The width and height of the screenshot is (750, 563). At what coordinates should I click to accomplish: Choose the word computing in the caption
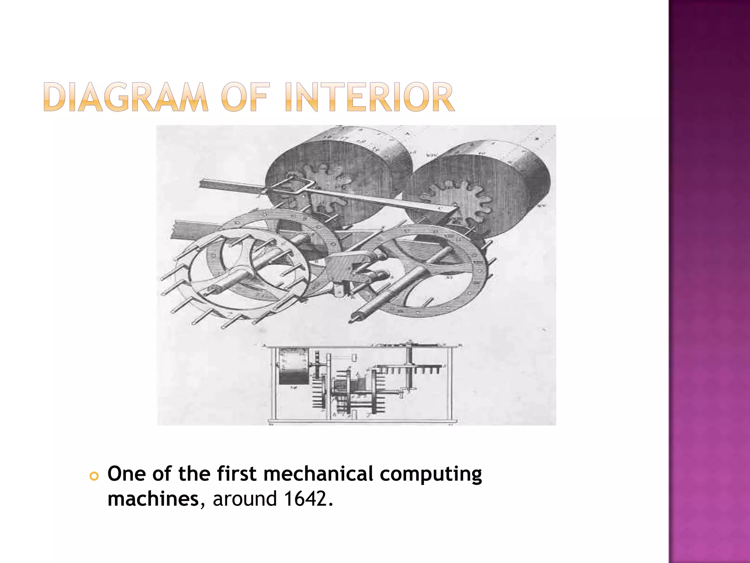(431, 474)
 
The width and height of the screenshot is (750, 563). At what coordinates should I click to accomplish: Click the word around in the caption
(244, 499)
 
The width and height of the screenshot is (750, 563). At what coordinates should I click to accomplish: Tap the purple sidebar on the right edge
(709, 281)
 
